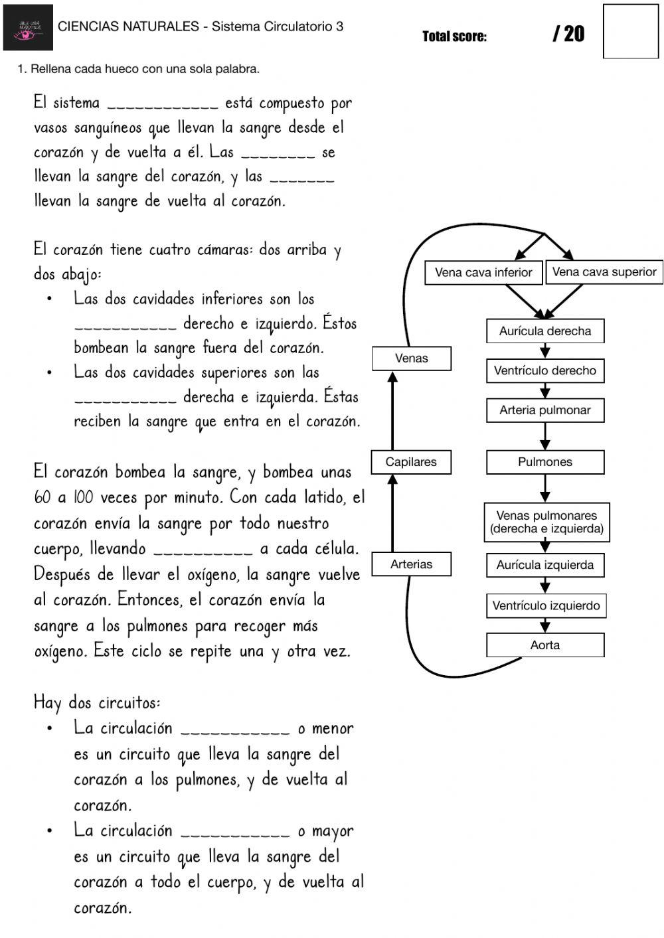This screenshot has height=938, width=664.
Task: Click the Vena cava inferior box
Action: [x=483, y=272]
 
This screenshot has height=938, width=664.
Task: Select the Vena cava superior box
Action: [x=604, y=272]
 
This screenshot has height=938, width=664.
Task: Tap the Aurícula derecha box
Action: [x=544, y=331]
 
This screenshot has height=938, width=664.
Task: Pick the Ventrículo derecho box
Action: [x=544, y=370]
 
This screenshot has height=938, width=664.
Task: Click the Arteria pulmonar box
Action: [x=544, y=410]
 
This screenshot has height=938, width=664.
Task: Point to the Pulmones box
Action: [x=544, y=461]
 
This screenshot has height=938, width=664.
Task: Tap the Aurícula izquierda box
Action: [x=544, y=565]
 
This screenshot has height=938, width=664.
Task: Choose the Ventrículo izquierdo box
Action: [x=546, y=605]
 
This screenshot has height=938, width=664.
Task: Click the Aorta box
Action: [x=544, y=645]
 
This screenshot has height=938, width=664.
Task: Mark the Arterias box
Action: [x=411, y=564]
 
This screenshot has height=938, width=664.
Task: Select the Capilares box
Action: [x=411, y=461]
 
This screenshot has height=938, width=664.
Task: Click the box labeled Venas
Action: [x=411, y=358]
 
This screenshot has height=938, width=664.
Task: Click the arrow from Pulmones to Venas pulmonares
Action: [x=545, y=488]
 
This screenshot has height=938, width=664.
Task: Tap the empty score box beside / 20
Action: [x=630, y=31]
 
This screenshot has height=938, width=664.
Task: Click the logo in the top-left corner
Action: [x=28, y=27]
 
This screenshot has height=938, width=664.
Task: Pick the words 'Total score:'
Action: [x=454, y=37]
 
